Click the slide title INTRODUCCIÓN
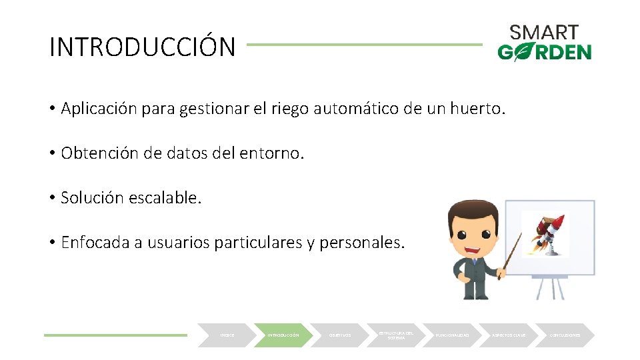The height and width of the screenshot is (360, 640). (143, 47)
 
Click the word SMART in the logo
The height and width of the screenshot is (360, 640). (544, 32)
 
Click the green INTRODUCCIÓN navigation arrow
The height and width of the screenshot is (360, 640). (283, 335)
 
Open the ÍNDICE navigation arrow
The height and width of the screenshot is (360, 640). (226, 335)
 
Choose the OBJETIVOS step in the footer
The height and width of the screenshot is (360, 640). (340, 335)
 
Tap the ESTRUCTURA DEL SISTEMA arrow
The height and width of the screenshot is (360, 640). (396, 335)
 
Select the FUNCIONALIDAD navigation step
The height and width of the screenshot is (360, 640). (453, 335)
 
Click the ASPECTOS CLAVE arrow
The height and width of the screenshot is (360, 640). (509, 335)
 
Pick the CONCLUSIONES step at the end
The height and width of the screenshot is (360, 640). (565, 335)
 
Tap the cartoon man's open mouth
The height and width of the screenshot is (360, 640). (474, 249)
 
